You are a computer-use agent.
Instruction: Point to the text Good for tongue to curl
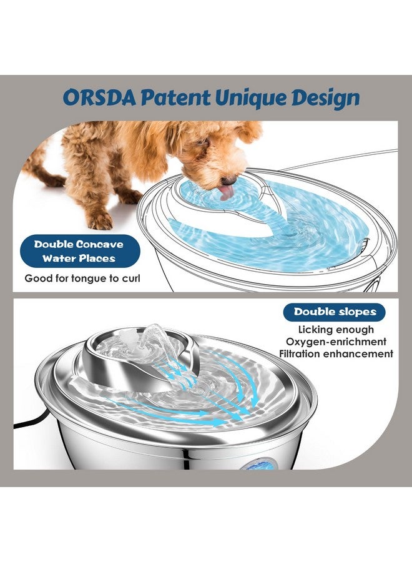click(x=82, y=278)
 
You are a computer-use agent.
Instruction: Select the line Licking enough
click(x=336, y=330)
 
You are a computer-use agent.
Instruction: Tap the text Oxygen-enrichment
click(x=336, y=342)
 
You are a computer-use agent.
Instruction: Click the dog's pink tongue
click(x=225, y=191)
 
